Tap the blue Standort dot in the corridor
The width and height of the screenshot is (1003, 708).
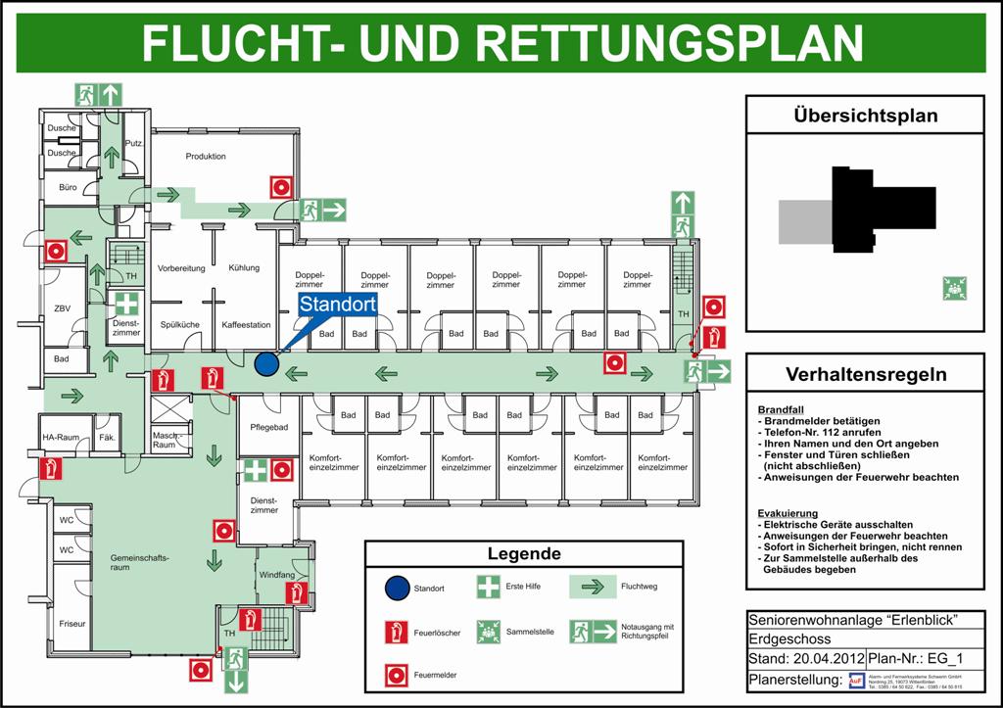265,364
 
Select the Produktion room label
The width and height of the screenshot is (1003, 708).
206,157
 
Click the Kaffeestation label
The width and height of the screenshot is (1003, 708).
246,324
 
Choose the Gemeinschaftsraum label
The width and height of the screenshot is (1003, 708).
133,562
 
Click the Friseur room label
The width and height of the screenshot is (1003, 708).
72,623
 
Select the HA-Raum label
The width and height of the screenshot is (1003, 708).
60,438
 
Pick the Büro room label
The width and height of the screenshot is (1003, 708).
68,187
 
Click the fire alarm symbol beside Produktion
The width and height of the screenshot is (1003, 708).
282,187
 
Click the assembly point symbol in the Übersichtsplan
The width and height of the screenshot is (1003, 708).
955,288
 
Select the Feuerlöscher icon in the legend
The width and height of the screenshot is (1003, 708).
396,632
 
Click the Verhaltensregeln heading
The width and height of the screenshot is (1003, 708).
865,375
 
